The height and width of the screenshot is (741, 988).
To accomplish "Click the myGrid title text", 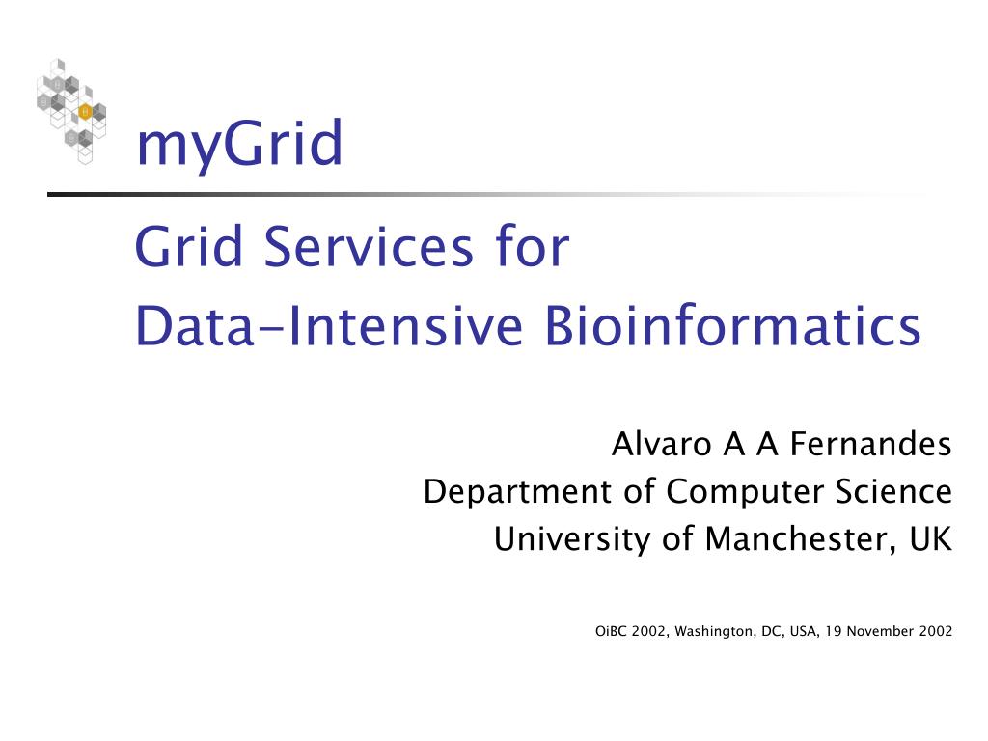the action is click(x=239, y=145).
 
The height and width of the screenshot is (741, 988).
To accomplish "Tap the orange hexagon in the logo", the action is click(x=85, y=112).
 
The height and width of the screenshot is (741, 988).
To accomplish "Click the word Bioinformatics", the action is click(x=732, y=326).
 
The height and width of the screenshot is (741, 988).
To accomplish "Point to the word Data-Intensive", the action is click(x=330, y=326).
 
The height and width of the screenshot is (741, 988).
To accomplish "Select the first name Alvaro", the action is click(x=662, y=444).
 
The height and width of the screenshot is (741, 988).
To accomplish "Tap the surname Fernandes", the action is click(x=870, y=444).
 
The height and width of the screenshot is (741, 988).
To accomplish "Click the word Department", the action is click(x=517, y=491).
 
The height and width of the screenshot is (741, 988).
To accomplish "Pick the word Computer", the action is click(x=746, y=491).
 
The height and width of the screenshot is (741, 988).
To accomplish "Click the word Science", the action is click(x=893, y=491).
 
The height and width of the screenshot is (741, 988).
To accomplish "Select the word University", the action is click(x=572, y=539).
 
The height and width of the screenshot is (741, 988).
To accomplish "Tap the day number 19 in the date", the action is click(x=833, y=631).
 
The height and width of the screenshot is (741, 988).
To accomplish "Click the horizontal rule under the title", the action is click(x=488, y=194).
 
